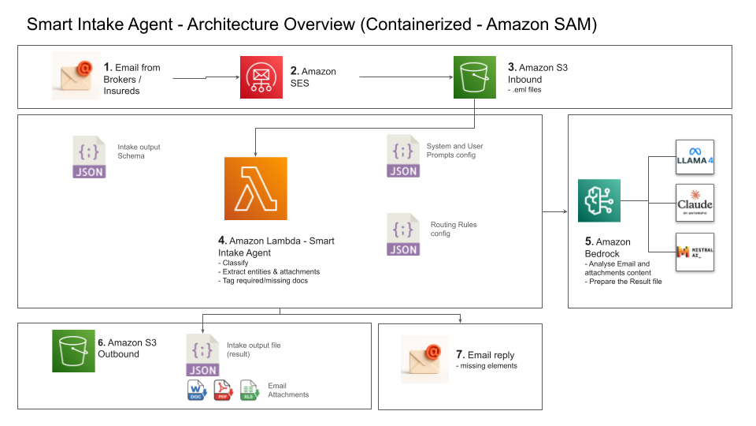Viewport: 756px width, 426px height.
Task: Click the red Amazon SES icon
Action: point(261,77)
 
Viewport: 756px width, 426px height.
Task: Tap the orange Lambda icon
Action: point(256,189)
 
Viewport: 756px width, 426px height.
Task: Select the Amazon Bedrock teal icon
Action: point(598,201)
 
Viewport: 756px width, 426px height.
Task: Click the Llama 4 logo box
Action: point(695,161)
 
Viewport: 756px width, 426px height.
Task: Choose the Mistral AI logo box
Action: point(695,252)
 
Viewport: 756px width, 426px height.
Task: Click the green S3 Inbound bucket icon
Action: point(475,77)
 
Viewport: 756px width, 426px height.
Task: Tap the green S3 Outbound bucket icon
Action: point(74,350)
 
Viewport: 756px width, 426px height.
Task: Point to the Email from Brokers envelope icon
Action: point(76,76)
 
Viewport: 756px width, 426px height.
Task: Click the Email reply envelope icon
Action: point(424,358)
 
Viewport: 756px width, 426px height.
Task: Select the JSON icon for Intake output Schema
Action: point(89,156)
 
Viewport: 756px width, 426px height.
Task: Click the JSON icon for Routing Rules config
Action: point(403,234)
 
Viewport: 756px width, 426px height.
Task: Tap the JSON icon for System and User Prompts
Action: point(403,156)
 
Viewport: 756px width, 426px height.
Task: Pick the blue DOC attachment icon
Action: point(195,390)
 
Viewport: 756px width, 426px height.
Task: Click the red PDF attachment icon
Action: point(223,390)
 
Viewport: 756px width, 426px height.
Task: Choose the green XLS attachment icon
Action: point(250,390)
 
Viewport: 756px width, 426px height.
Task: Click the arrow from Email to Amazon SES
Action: point(205,78)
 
